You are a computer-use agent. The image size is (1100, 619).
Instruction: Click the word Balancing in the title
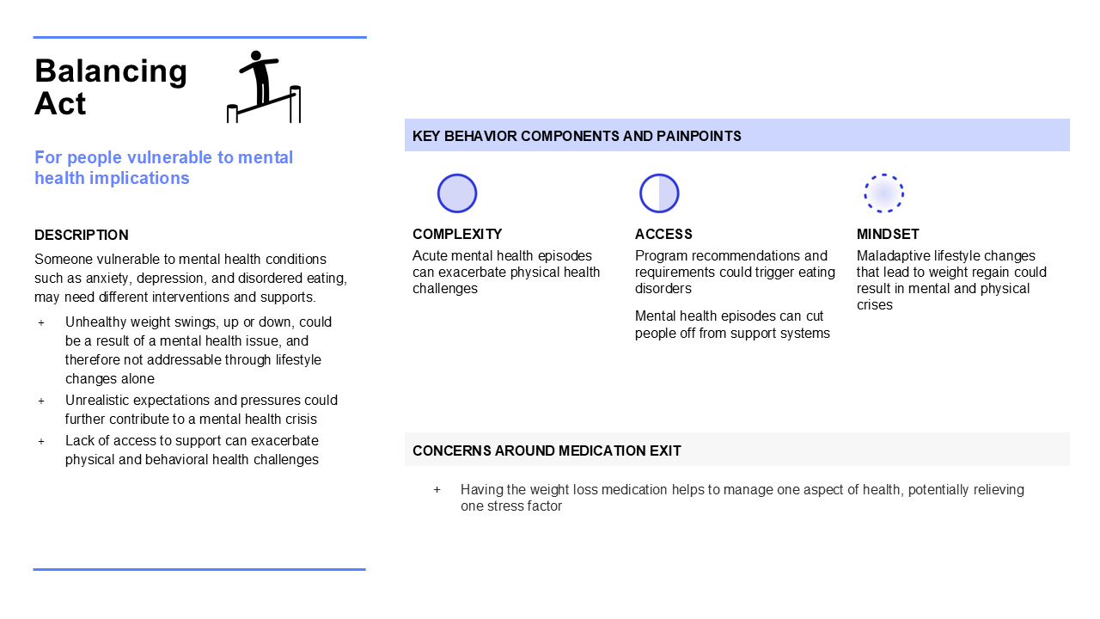[111, 71]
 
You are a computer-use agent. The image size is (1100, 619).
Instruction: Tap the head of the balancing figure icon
[256, 56]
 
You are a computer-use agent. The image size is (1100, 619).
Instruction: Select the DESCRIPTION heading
[82, 235]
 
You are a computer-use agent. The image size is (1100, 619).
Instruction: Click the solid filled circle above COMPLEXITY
[456, 193]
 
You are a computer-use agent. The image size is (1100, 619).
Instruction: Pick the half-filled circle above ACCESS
[659, 193]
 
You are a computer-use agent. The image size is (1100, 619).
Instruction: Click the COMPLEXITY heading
[457, 234]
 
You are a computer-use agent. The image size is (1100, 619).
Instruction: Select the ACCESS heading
[663, 234]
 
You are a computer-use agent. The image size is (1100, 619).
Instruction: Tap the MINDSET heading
[888, 234]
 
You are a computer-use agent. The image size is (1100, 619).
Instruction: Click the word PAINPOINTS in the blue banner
[699, 136]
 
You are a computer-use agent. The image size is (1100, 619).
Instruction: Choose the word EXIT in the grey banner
[665, 450]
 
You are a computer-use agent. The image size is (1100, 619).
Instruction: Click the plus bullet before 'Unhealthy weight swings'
[41, 322]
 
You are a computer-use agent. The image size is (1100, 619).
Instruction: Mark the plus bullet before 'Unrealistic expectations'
[41, 401]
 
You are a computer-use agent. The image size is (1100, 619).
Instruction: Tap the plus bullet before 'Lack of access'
[41, 441]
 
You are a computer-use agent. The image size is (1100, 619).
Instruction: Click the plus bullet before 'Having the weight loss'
[437, 490]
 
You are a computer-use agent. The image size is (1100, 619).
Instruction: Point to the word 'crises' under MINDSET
[875, 305]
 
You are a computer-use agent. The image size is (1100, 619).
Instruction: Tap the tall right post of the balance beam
[295, 104]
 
